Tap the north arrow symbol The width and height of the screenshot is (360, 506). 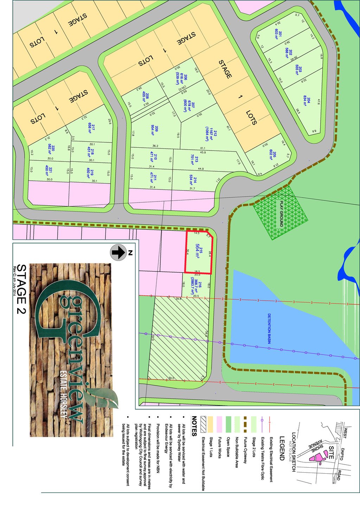pyautogui.click(x=118, y=252)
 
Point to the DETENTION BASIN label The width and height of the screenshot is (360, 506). pyautogui.click(x=270, y=328)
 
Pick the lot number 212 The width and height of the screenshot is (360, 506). pyautogui.click(x=215, y=134)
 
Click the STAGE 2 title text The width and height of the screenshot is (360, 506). pyautogui.click(x=22, y=290)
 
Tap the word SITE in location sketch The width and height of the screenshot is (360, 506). pyautogui.click(x=331, y=452)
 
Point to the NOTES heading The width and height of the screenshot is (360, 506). pyautogui.click(x=194, y=426)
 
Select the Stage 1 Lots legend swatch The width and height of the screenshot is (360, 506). pyautogui.click(x=211, y=424)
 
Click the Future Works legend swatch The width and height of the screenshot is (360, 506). pyautogui.click(x=219, y=424)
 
